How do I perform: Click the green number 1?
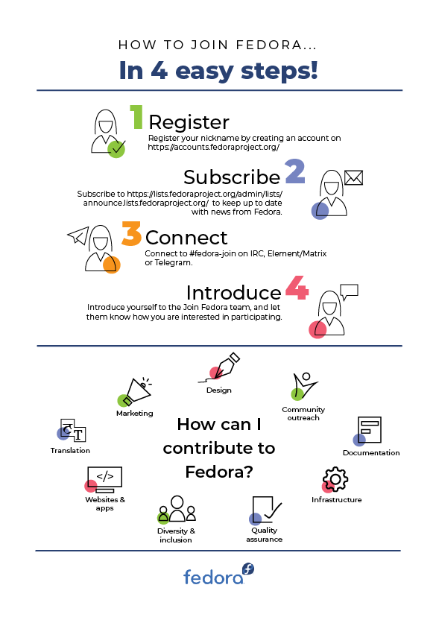(x=137, y=117)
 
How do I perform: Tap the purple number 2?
(x=295, y=171)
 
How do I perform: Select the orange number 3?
(x=131, y=234)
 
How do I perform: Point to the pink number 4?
(x=297, y=288)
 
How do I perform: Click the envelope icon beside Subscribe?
(x=354, y=178)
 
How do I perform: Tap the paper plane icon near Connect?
(x=78, y=236)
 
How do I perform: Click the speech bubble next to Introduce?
(x=350, y=292)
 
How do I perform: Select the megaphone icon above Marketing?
(x=136, y=392)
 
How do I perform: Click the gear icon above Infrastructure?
(x=335, y=479)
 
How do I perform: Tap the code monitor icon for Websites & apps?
(x=104, y=480)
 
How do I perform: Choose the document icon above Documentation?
(x=368, y=431)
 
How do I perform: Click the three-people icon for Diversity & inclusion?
(x=177, y=509)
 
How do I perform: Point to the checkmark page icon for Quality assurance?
(x=266, y=510)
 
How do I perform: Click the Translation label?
(x=70, y=450)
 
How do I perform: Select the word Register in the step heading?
(x=189, y=122)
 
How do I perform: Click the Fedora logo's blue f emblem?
(x=248, y=569)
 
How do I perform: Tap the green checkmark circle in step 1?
(x=116, y=149)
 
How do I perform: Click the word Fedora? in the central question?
(x=219, y=472)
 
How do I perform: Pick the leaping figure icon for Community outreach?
(x=304, y=386)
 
